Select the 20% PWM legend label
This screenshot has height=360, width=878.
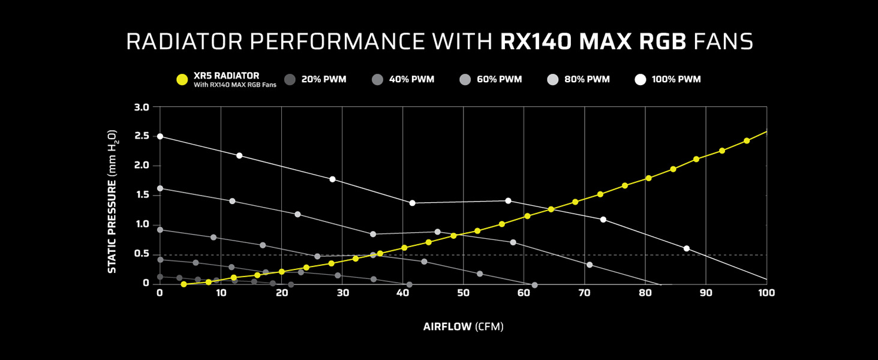pos(323,79)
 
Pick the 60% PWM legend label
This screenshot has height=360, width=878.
pos(499,79)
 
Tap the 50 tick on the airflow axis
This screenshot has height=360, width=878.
pos(463,293)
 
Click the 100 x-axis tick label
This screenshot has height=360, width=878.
pos(766,293)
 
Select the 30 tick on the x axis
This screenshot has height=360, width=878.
pos(342,293)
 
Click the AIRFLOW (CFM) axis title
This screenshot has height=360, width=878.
pos(463,327)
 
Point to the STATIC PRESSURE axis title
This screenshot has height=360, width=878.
pos(112,201)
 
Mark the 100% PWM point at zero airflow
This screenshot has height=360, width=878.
pos(160,136)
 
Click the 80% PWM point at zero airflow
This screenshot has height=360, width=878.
pos(160,188)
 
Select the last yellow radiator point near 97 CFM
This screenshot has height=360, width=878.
pos(747,140)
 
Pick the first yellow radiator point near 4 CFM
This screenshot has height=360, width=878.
pos(184,284)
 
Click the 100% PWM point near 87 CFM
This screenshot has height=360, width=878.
pos(687,248)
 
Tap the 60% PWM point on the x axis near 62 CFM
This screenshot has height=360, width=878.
pos(534,285)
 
